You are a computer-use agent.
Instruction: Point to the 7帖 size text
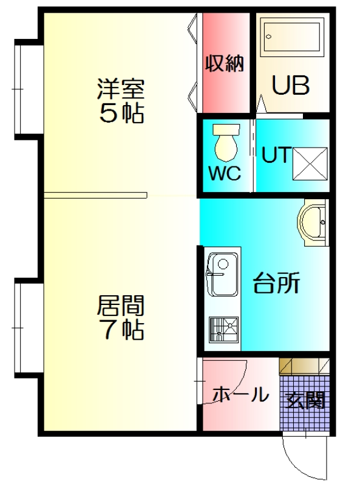(x=120, y=330)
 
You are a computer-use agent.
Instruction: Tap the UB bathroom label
(x=290, y=85)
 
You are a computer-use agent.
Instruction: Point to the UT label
(x=276, y=154)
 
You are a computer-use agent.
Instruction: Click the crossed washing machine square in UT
(x=310, y=163)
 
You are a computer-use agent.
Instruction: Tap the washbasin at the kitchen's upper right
(x=313, y=222)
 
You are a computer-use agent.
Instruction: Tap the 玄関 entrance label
(x=305, y=401)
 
